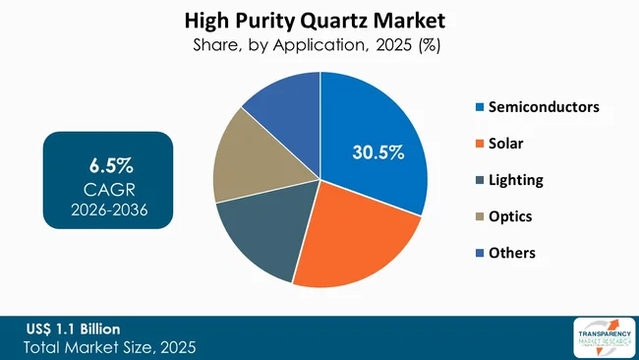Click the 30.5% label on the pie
coord(378,152)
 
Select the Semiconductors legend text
coord(544,106)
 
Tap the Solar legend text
coord(506,144)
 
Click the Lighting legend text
coord(516,180)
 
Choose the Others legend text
coord(512,253)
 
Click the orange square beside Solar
coord(479,144)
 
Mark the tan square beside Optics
coord(479,216)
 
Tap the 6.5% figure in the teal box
coord(108,161)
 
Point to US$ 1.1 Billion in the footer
coord(74,329)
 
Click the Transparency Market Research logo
coord(597,337)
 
